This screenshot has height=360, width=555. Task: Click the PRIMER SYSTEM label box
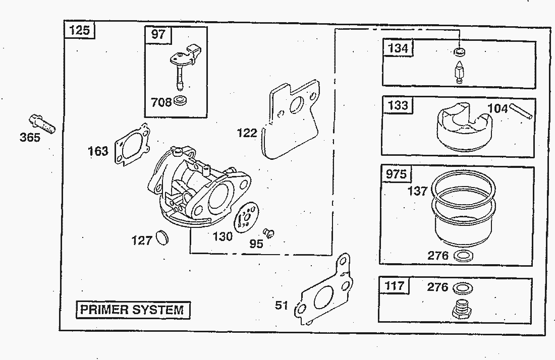pos(133,309)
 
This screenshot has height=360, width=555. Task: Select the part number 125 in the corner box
pos(79,30)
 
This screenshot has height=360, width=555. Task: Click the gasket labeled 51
pos(323,292)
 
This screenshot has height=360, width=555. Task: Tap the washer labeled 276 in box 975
pos(463,256)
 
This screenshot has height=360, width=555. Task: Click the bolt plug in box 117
pos(461,309)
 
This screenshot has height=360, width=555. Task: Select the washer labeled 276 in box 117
pos(463,288)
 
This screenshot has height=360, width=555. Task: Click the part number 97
pos(158,35)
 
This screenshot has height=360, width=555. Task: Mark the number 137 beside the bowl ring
pos(417,191)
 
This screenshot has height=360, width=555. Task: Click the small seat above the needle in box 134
pos(459,51)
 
